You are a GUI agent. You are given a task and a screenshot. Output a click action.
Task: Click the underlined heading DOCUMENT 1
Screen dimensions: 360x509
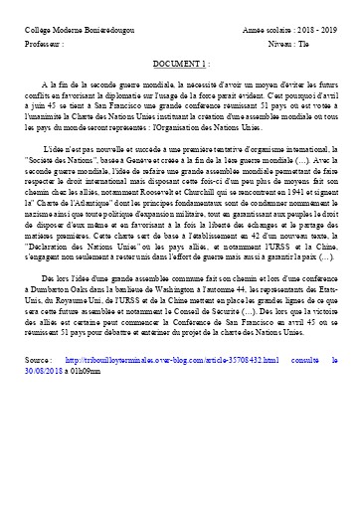point(179,63)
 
